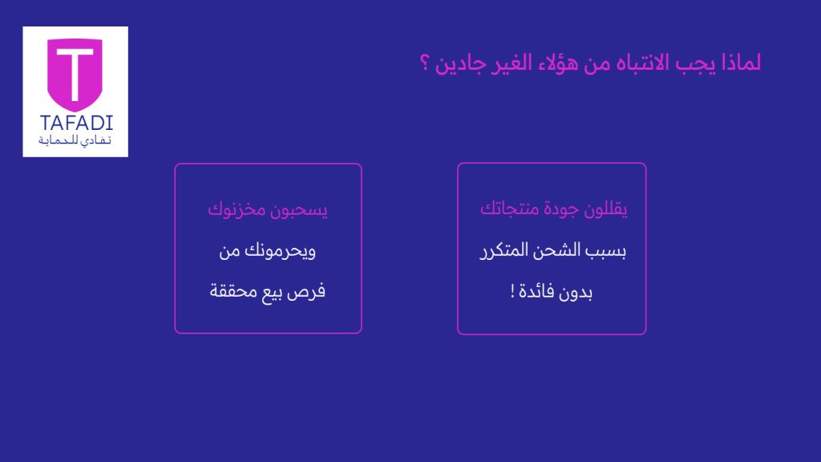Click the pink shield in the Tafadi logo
pos(75,73)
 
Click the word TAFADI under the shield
pos(76,123)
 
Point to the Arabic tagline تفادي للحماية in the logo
pos(75,140)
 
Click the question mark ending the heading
pos(425,63)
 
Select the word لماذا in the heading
pos(741,63)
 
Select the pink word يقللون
pos(605,209)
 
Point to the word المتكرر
pos(504,250)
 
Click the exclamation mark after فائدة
pos(512,291)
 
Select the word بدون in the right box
pos(575,292)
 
